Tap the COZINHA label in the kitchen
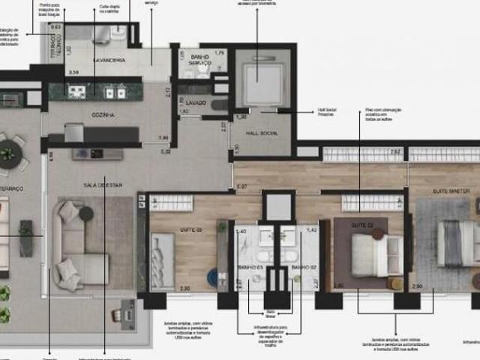pyautogui.click(x=103, y=115)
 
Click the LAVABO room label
pyautogui.click(x=197, y=101)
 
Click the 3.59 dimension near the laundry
pyautogui.click(x=73, y=72)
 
